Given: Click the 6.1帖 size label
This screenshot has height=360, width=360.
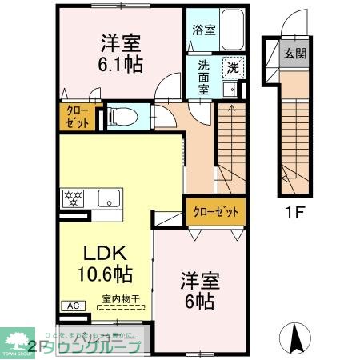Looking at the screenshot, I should (122, 63).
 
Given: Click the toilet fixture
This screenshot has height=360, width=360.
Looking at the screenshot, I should (121, 117).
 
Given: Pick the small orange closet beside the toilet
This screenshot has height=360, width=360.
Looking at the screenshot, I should (78, 117).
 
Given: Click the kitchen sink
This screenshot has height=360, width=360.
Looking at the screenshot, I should (108, 198).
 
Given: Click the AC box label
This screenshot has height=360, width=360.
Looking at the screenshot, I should (72, 306).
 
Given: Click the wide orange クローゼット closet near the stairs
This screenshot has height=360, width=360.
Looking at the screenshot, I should (215, 211).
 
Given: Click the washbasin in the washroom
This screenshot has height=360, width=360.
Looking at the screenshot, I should (234, 90).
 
